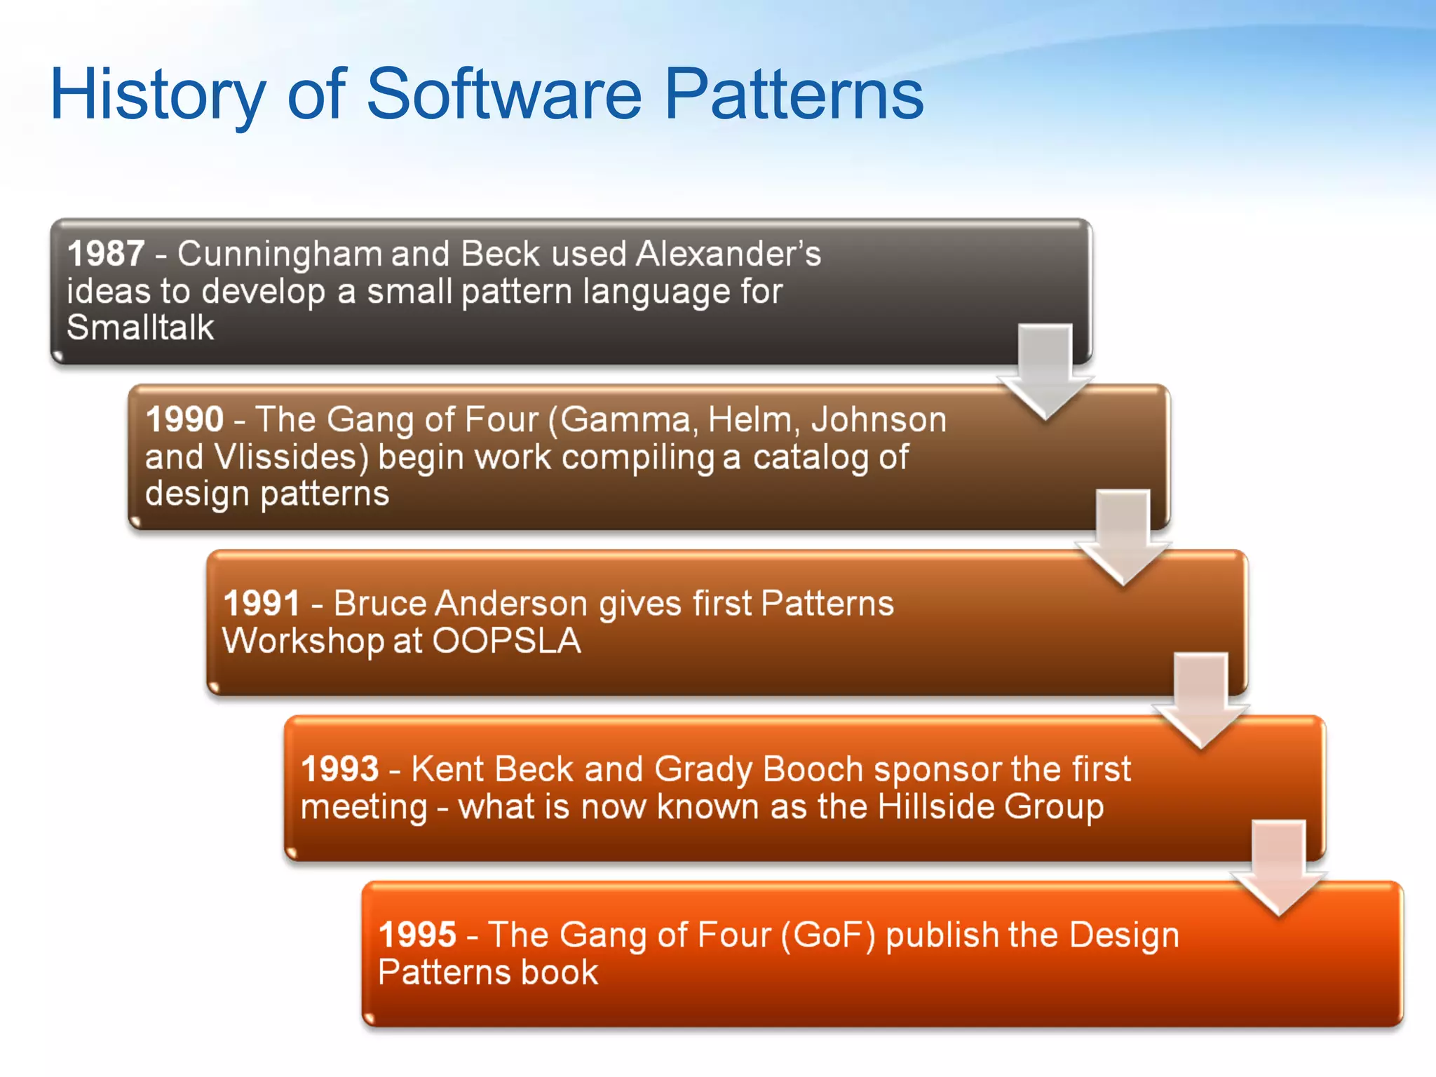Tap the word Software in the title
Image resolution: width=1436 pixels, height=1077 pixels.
tap(503, 94)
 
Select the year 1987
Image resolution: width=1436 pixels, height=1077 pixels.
tap(107, 253)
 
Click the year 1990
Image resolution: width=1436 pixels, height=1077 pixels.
tap(184, 419)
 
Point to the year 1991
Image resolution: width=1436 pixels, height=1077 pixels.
tap(262, 603)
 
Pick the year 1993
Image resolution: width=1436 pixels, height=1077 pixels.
tap(340, 768)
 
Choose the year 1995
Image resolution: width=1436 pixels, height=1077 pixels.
tap(418, 935)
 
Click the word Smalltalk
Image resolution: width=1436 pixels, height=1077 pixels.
tap(140, 327)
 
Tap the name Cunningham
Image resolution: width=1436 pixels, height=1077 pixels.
tap(279, 253)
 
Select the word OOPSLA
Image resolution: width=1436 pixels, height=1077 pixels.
tap(506, 641)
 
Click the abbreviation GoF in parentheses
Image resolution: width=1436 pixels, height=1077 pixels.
tap(828, 935)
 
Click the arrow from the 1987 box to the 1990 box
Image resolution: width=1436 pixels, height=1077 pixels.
tap(1045, 372)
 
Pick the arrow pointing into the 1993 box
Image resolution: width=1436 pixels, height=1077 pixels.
tap(1200, 701)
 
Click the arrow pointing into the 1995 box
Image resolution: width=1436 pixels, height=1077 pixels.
tap(1278, 868)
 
